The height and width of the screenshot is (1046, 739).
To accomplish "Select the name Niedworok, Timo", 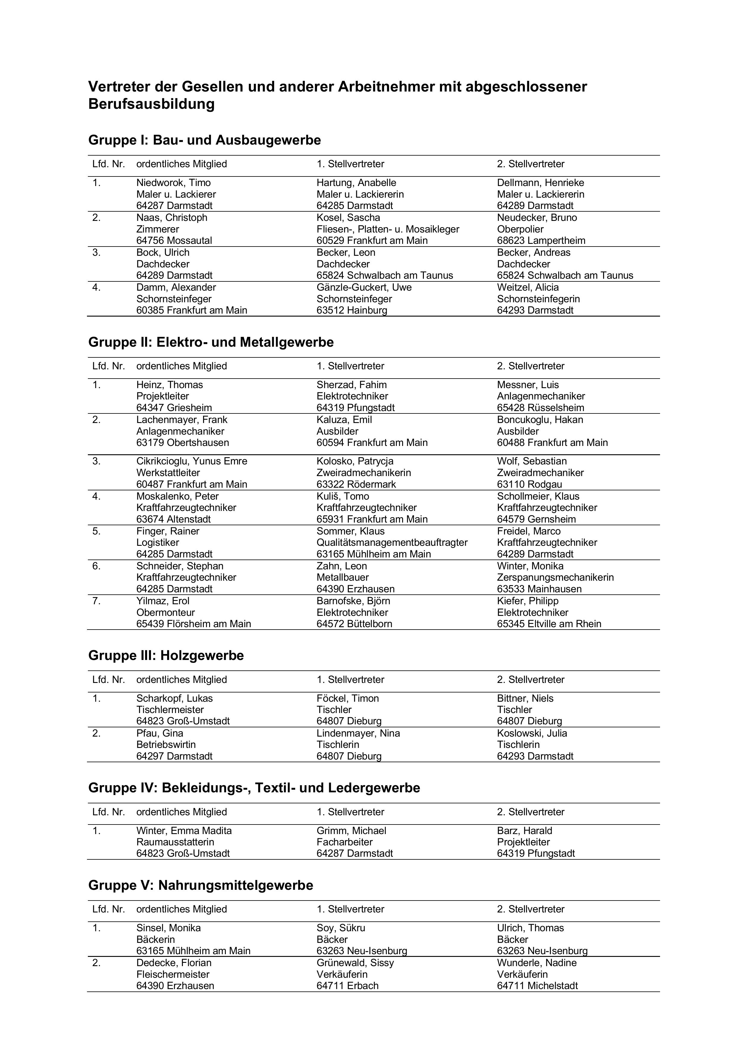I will (173, 183).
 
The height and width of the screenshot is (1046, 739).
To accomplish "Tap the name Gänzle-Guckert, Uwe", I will (364, 287).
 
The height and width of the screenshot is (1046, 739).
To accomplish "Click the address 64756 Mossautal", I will (174, 241).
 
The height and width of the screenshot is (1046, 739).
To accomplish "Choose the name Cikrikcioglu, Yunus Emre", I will (192, 461).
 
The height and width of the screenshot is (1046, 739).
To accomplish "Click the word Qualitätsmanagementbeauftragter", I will (392, 543).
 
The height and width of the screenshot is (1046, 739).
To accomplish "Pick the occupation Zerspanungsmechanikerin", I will (555, 577).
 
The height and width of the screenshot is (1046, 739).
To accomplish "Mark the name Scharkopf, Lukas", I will (174, 698).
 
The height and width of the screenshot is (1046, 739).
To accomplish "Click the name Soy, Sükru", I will (340, 928).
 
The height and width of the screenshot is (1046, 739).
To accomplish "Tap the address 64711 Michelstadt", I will (537, 985).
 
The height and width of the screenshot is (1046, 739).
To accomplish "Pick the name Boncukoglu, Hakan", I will (539, 420).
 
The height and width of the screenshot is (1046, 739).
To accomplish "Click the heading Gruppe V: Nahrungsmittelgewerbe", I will (200, 885).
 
